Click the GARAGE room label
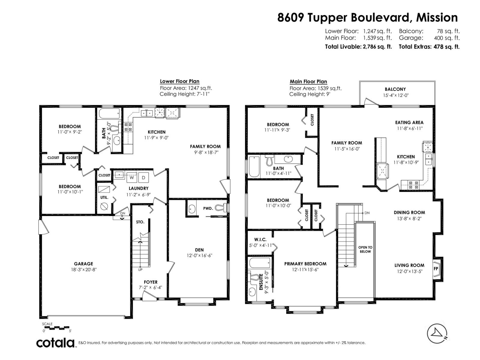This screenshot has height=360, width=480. pos(83,264)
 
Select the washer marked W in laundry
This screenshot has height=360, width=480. pos(131,178)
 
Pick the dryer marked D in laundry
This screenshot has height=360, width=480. pos(143,178)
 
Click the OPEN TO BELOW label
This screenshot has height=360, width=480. pos(365,250)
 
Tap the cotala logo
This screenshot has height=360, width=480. pos(56,343)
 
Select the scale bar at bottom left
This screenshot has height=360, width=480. pos(57,328)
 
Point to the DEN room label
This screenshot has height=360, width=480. pos(199,250)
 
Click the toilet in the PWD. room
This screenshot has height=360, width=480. pos(221,208)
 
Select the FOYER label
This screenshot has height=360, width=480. pos(151,282)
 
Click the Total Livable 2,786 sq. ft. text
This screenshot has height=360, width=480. pos(358,47)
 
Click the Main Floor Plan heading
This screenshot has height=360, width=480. pos(308,82)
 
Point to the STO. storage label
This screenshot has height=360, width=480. pos(140,222)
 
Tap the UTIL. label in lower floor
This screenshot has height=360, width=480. pos(104,198)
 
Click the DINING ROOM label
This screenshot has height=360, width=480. pos(409,212)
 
